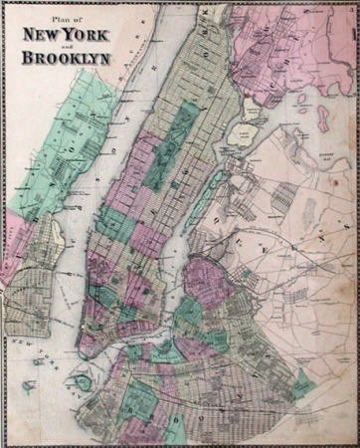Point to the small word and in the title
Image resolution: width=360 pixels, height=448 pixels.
[x=66, y=43]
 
